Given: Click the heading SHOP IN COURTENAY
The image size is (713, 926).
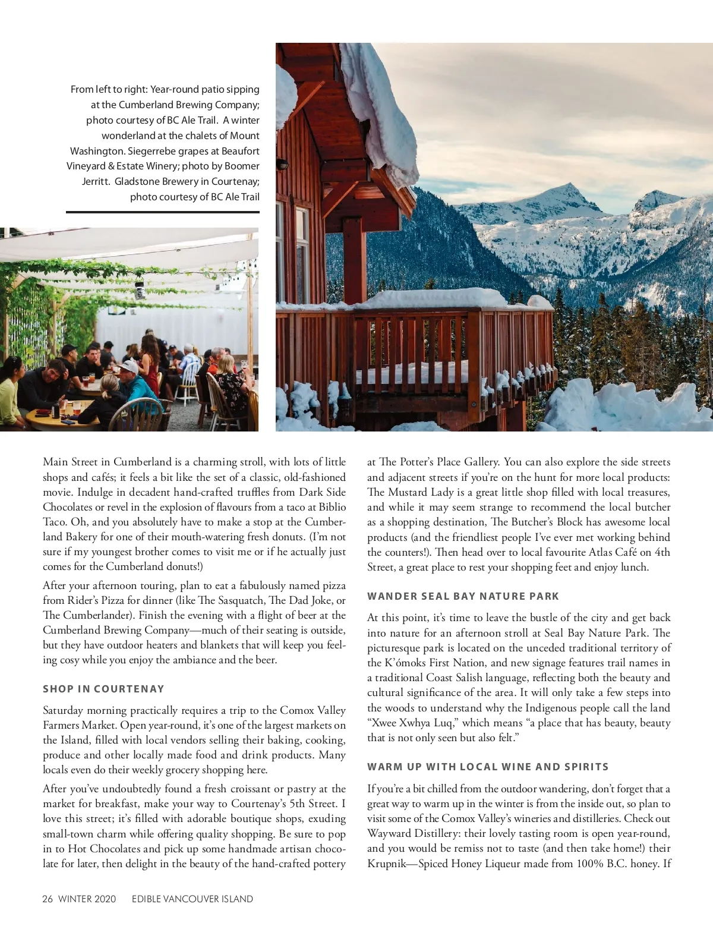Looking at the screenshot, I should point(103,689).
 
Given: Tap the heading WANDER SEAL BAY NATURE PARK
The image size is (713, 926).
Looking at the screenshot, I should point(463,596).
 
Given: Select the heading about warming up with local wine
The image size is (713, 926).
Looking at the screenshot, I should point(487,767).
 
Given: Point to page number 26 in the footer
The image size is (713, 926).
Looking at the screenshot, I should point(48,899).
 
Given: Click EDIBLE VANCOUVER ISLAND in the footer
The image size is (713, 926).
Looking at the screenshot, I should point(193,899).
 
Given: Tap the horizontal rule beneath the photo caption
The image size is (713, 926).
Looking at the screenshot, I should point(163,212).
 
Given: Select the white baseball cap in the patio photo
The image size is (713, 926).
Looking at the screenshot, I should point(130,367).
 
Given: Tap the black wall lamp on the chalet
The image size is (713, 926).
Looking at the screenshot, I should point(284,163).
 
